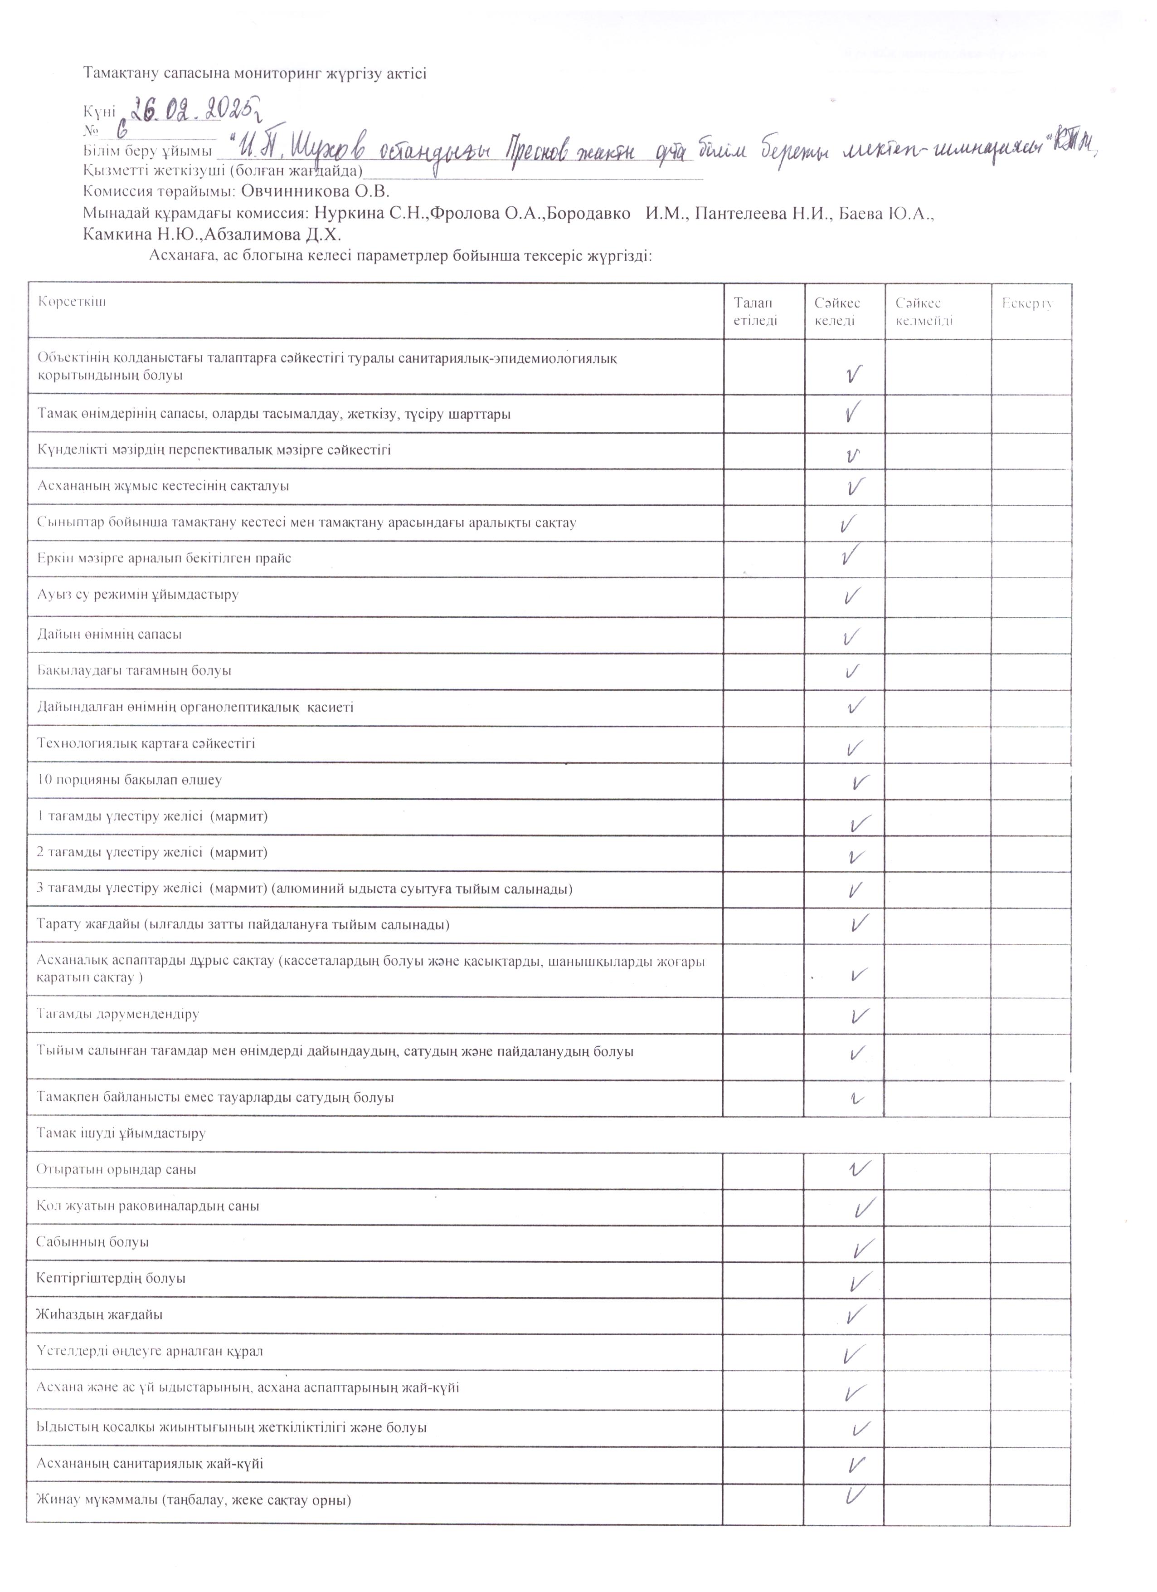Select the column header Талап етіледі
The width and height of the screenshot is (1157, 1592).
coord(755,312)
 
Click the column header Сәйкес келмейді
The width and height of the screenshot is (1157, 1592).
coord(924,312)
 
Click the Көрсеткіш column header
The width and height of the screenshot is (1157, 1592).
coord(72,302)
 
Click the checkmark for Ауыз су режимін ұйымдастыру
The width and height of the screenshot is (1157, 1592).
coord(852,596)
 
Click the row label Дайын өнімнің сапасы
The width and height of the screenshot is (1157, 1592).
coord(109,634)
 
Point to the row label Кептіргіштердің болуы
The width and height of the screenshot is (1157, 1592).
coord(111,1278)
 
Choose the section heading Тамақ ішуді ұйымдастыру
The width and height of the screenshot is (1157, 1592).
coord(121,1133)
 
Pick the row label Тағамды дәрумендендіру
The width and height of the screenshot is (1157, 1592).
coord(118,1014)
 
